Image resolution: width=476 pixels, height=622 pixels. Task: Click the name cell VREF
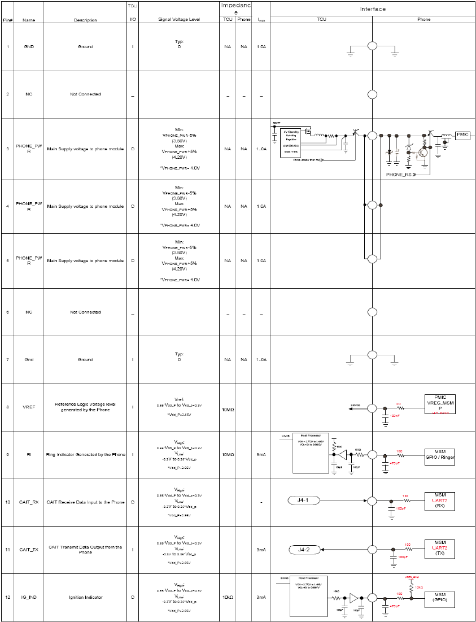[x=29, y=407]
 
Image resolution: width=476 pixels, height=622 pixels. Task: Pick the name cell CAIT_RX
[x=29, y=502]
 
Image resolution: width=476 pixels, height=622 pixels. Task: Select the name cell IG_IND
[x=29, y=597]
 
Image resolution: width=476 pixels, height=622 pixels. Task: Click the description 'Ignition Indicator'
[x=85, y=597]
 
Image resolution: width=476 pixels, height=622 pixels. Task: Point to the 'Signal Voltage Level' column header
[x=179, y=20]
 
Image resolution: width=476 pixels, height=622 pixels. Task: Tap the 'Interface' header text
[x=373, y=9]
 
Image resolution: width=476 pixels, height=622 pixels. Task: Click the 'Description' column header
[x=85, y=20]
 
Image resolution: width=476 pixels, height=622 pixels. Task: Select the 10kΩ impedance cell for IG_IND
[x=228, y=597]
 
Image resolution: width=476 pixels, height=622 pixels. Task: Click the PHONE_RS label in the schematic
[x=403, y=175]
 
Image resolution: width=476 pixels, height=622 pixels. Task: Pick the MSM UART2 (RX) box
[x=439, y=501]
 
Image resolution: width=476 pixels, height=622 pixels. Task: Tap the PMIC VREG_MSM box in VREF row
[x=439, y=404]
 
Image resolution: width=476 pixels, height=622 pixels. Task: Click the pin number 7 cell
[x=7, y=359]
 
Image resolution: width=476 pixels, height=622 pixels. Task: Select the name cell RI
[x=29, y=454]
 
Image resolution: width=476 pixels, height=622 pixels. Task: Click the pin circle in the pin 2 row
[x=372, y=94]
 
